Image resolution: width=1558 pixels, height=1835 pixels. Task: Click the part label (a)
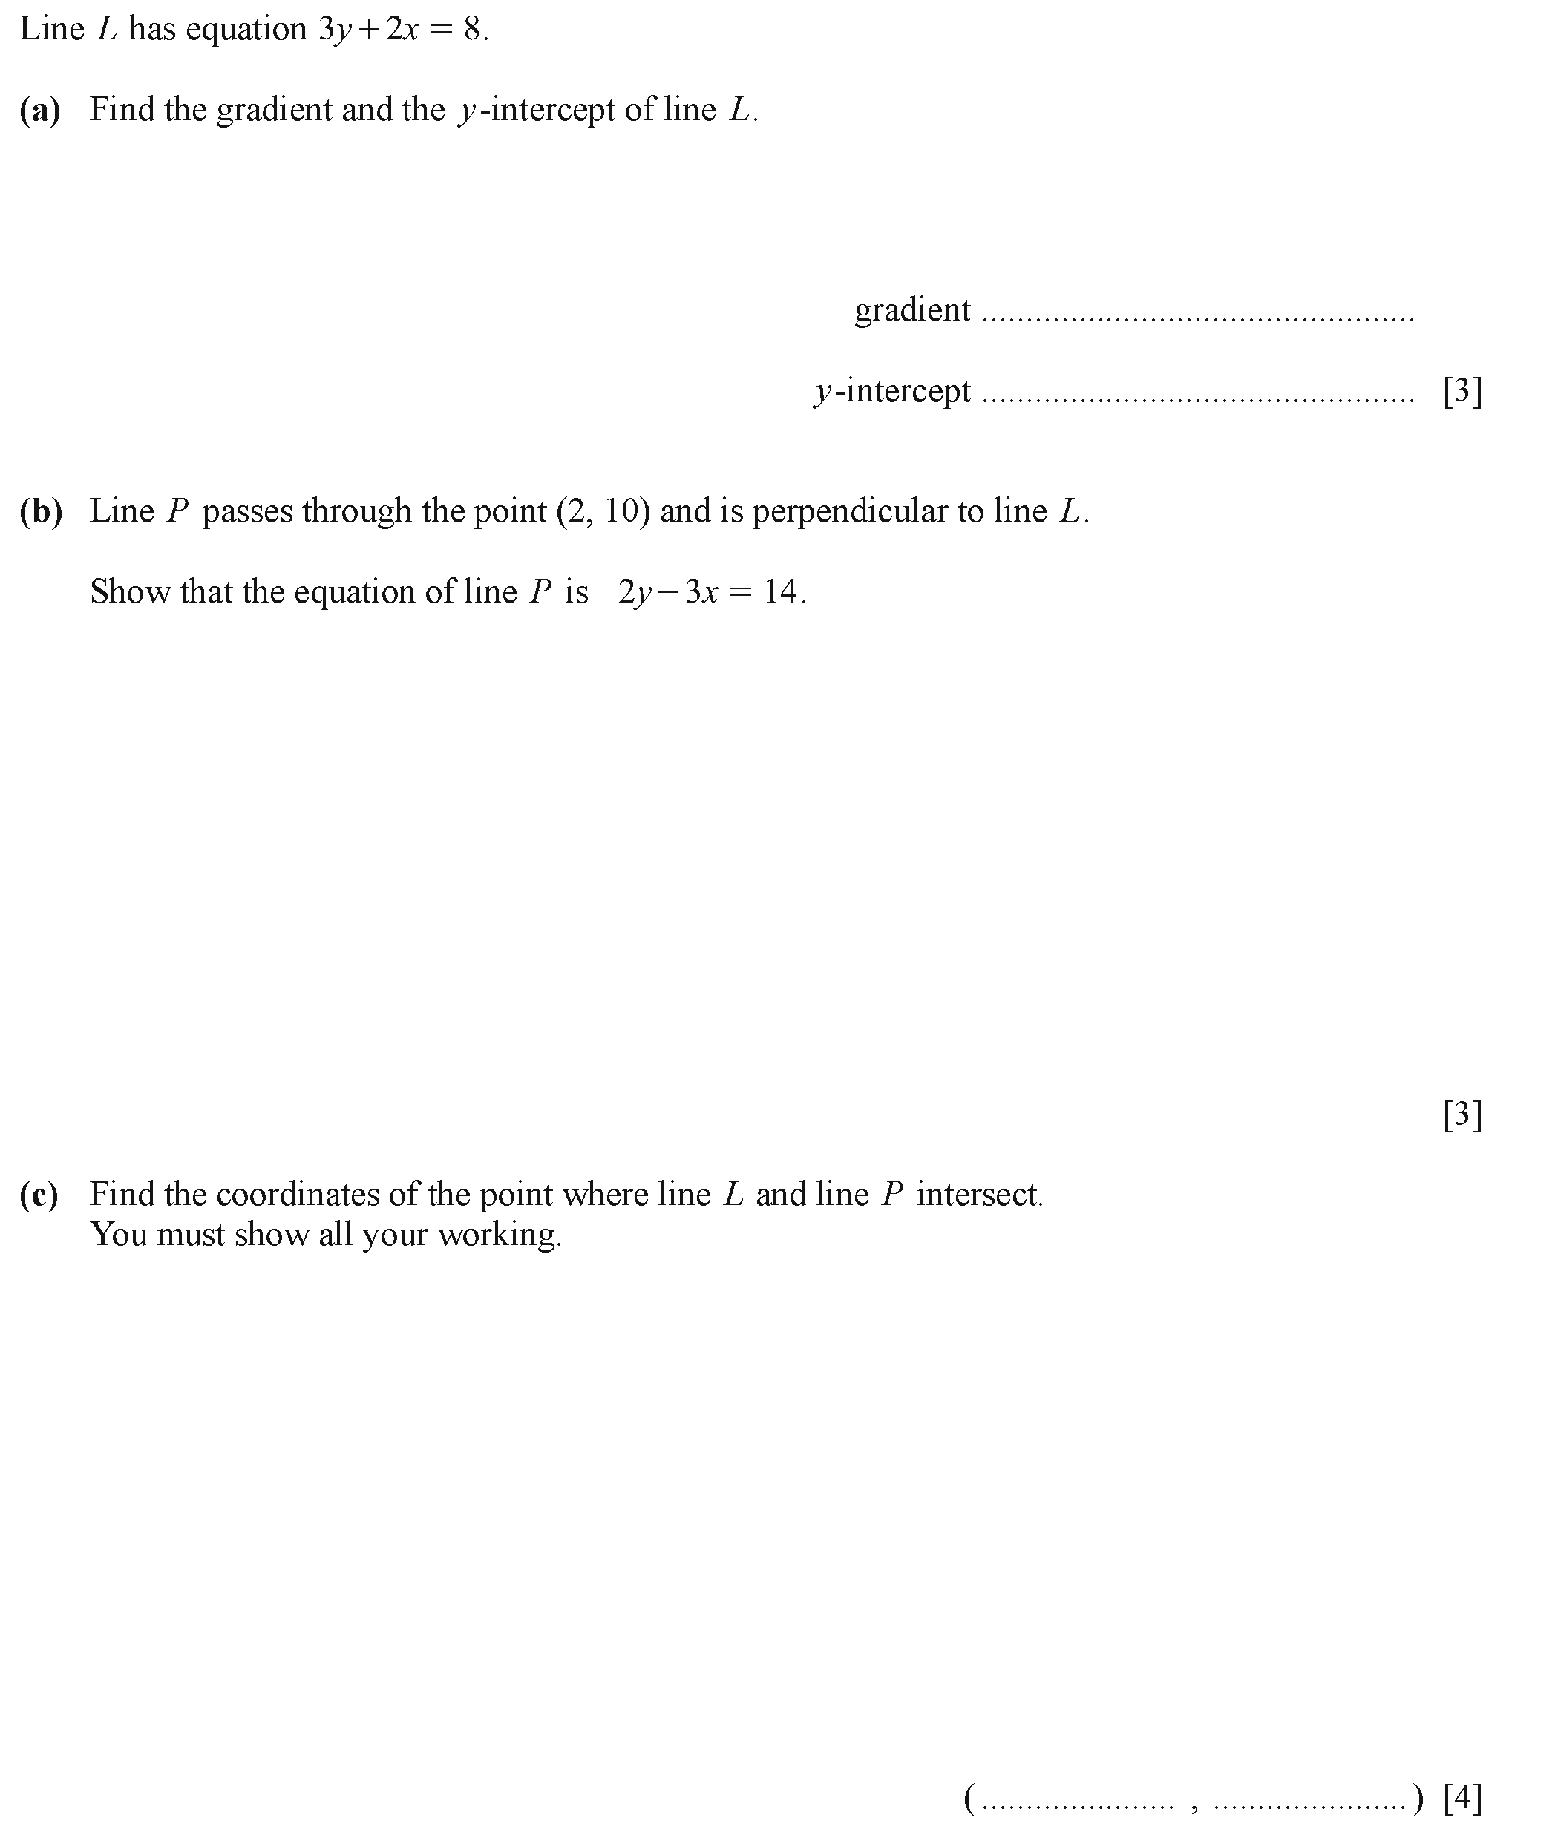pyautogui.click(x=40, y=111)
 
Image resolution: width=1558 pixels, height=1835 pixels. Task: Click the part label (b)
pyautogui.click(x=41, y=511)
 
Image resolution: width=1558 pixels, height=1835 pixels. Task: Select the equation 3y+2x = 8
pyautogui.click(x=400, y=30)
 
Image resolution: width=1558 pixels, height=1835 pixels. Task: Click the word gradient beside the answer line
pyautogui.click(x=911, y=310)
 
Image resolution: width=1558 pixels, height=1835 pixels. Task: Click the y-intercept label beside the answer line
pyautogui.click(x=892, y=391)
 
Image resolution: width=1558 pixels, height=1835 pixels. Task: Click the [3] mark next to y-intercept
pyautogui.click(x=1462, y=390)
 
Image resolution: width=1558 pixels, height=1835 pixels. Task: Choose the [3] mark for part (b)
pyautogui.click(x=1462, y=1115)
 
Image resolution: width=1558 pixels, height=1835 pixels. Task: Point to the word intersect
pyautogui.click(x=978, y=1195)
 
